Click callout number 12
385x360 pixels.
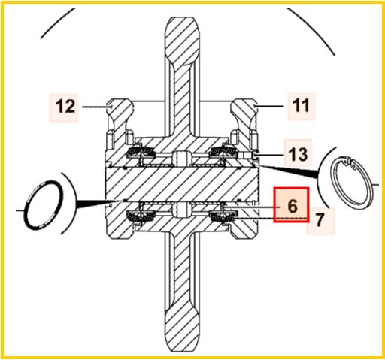click(65, 107)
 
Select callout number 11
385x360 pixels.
click(301, 105)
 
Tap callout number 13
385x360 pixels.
click(298, 154)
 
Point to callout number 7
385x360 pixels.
click(319, 220)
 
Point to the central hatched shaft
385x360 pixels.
click(182, 185)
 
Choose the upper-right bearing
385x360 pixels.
click(223, 152)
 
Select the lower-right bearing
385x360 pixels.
click(223, 216)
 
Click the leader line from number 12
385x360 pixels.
click(96, 107)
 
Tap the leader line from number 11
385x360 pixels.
click(269, 106)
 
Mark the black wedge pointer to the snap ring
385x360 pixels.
click(288, 171)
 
